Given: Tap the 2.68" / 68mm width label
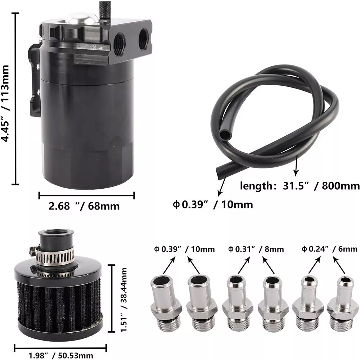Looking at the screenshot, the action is (x=84, y=206).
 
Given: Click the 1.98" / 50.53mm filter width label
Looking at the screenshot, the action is (x=61, y=356).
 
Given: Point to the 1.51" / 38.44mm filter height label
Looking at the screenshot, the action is (x=124, y=300).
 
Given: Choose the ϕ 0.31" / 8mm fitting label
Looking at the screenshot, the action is (x=256, y=249).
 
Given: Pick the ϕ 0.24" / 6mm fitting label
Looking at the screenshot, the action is (x=329, y=249).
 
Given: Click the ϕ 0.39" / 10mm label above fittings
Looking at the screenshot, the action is (x=184, y=249).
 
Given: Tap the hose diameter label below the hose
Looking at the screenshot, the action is (x=213, y=204).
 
